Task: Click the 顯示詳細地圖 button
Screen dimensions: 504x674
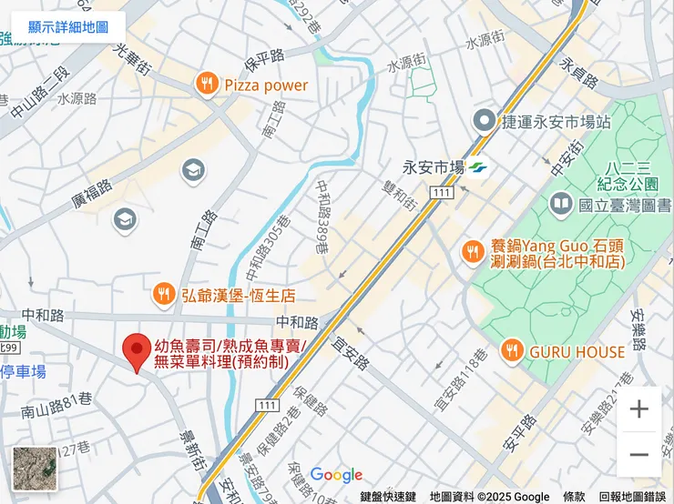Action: [x=68, y=28]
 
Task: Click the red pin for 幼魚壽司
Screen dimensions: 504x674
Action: [x=137, y=350]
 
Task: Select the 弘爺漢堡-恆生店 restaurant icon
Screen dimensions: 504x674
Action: [x=164, y=295]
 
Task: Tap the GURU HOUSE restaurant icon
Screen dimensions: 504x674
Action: [x=513, y=351]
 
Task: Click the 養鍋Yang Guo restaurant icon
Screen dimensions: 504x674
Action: [x=473, y=252]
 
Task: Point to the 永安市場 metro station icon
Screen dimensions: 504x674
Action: [x=480, y=167]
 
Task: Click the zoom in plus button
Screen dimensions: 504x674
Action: [x=639, y=409]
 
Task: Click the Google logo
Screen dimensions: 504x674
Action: [x=336, y=475]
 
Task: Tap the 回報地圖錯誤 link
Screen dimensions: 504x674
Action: [x=632, y=497]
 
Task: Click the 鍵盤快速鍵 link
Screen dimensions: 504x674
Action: [x=388, y=497]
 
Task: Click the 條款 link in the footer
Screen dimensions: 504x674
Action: [x=574, y=497]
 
